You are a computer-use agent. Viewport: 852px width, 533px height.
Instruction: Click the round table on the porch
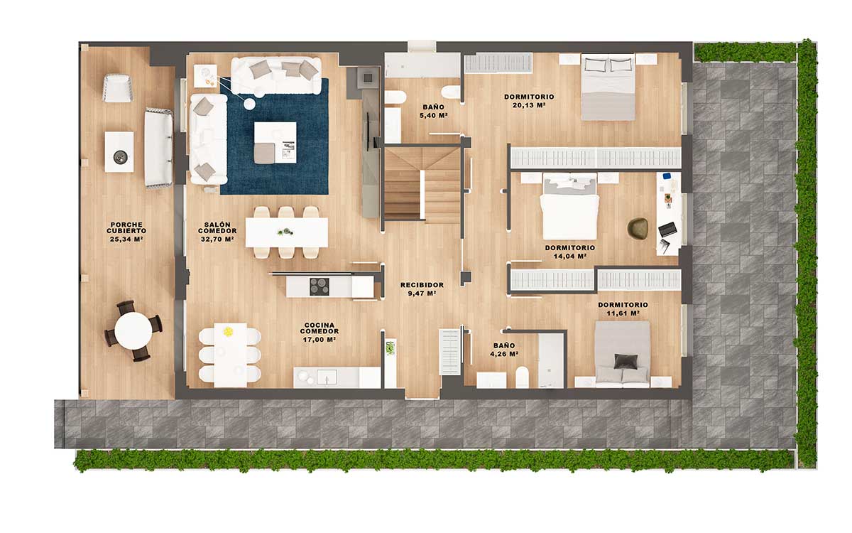point(133,330)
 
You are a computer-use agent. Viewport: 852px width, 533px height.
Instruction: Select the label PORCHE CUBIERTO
point(126,227)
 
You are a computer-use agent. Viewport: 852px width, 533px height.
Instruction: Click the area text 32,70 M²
point(217,239)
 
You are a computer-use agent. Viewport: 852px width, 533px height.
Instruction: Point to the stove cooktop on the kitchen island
point(319,286)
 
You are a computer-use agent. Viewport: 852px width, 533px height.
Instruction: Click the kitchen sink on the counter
point(327,377)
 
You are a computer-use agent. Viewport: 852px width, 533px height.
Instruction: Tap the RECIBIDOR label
point(422,285)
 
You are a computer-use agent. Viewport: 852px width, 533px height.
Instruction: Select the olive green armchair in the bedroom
point(638,228)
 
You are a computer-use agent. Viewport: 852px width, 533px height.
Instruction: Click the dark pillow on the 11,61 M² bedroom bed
point(626,361)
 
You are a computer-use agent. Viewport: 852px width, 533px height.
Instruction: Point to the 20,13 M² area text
point(529,105)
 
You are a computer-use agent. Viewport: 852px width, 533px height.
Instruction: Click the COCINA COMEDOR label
point(319,328)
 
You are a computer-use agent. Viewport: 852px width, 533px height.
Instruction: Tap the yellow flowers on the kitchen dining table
point(228,332)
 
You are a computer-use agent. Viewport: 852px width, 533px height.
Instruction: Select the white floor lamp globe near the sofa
point(249,104)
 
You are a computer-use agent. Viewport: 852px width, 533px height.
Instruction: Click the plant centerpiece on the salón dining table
point(285,232)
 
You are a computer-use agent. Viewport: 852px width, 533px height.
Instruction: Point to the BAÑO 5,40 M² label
point(433,111)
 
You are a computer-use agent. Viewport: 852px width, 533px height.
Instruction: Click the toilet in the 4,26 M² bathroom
point(522,377)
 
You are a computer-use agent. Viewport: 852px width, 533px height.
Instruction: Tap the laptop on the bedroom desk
point(667,230)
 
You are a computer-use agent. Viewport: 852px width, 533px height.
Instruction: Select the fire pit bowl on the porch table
point(121,156)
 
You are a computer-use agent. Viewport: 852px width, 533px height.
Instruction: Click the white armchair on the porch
point(118,88)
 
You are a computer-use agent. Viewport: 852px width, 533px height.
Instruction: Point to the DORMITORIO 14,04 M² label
point(569,252)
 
